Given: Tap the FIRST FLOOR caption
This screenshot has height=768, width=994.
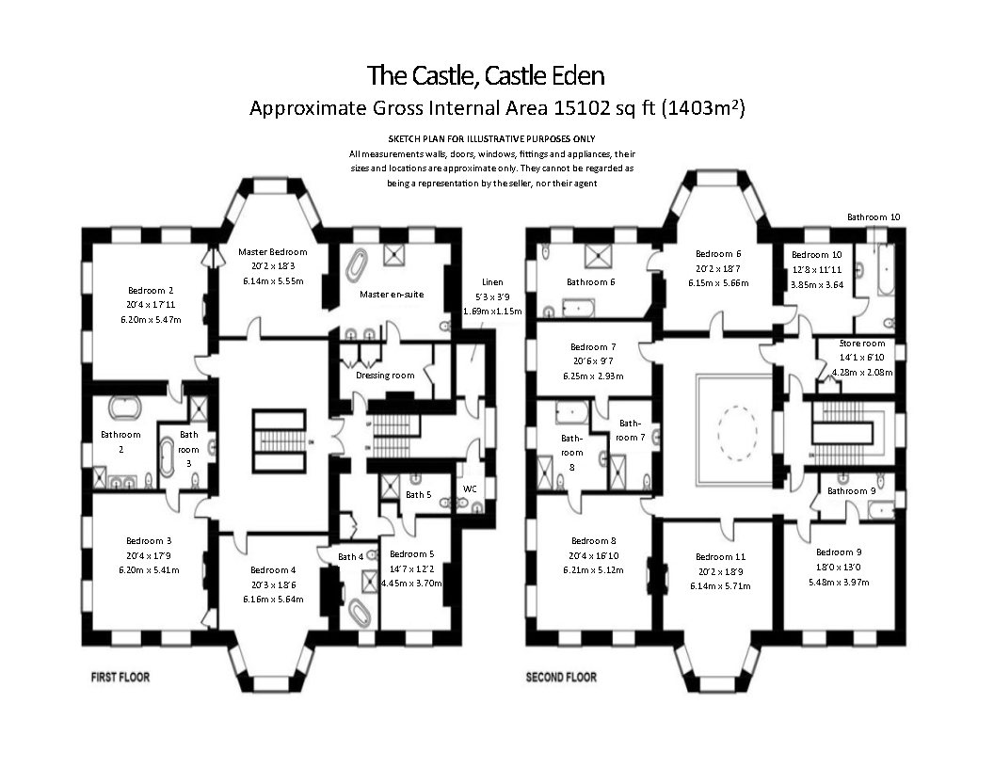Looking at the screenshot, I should tap(120, 677).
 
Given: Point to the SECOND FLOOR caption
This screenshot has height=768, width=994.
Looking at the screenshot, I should tap(561, 677).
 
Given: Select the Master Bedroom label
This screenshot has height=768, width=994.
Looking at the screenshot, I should tap(272, 252).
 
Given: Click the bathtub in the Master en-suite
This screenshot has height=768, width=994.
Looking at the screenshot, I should tap(356, 265).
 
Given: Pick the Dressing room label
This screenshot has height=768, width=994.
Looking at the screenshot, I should tap(385, 375).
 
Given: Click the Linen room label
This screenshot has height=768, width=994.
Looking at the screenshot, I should tap(492, 281).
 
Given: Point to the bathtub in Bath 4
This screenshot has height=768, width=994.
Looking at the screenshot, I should tap(359, 614).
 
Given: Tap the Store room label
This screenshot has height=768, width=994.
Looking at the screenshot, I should tap(862, 344).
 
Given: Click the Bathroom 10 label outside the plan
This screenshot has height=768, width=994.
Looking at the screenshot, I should tap(873, 217).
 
